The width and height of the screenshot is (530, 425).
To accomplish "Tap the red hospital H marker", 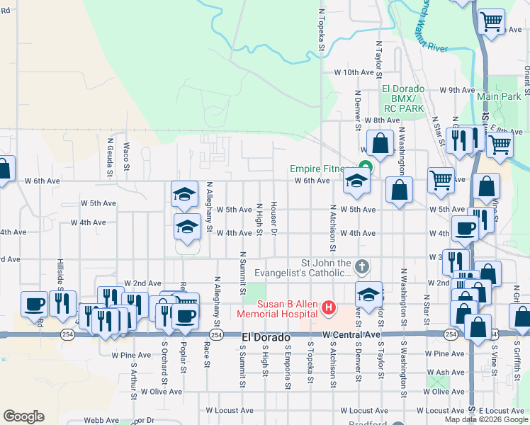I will coord(329,308).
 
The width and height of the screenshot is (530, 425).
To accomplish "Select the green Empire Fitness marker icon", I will coord(364,168).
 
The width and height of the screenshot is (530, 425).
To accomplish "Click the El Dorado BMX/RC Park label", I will coord(403,98).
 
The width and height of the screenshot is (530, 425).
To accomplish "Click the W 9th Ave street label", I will coord(456,90).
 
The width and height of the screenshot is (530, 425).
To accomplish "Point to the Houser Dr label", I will coord(274,221).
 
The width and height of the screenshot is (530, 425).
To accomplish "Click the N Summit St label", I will coord(242,273).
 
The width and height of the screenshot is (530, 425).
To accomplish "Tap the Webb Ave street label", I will coord(97,420).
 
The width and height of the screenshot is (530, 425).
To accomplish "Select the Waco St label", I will coord(126,157).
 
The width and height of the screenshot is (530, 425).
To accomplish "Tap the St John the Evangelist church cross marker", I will coord(362,266).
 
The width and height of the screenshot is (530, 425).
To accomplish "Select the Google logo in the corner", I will coord(23,416).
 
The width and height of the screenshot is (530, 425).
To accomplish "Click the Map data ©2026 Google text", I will coord(486,419).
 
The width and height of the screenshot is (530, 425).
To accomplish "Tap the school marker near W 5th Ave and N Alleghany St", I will coord(184,194).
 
